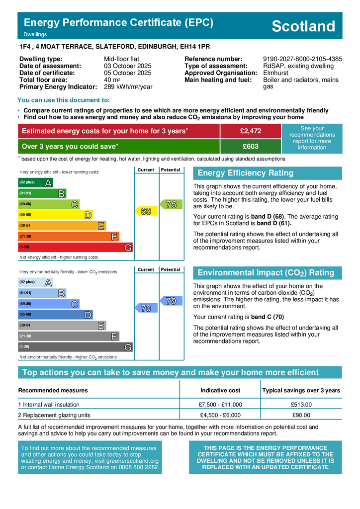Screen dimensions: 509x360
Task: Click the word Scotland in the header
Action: pyautogui.click(x=303, y=26)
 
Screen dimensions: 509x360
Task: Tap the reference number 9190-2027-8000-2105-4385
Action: pyautogui.click(x=302, y=59)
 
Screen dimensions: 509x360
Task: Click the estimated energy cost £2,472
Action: pyautogui.click(x=250, y=131)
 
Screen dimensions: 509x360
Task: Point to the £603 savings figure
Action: pyautogui.click(x=250, y=147)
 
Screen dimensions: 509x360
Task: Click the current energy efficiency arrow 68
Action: pyautogui.click(x=145, y=211)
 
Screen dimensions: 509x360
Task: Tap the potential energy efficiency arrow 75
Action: pyautogui.click(x=170, y=204)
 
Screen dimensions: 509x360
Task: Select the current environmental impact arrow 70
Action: pyautogui.click(x=145, y=309)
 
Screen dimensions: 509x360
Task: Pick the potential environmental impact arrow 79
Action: pyautogui.click(x=170, y=301)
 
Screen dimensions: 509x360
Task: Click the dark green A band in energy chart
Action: pyautogui.click(x=35, y=182)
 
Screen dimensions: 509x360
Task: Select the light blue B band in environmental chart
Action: pyautogui.click(x=42, y=293)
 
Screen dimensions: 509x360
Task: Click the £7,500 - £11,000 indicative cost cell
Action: pyautogui.click(x=220, y=405)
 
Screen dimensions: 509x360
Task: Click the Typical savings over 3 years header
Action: pyautogui.click(x=301, y=390)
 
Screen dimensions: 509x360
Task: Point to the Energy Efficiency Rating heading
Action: pyautogui.click(x=246, y=173)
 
